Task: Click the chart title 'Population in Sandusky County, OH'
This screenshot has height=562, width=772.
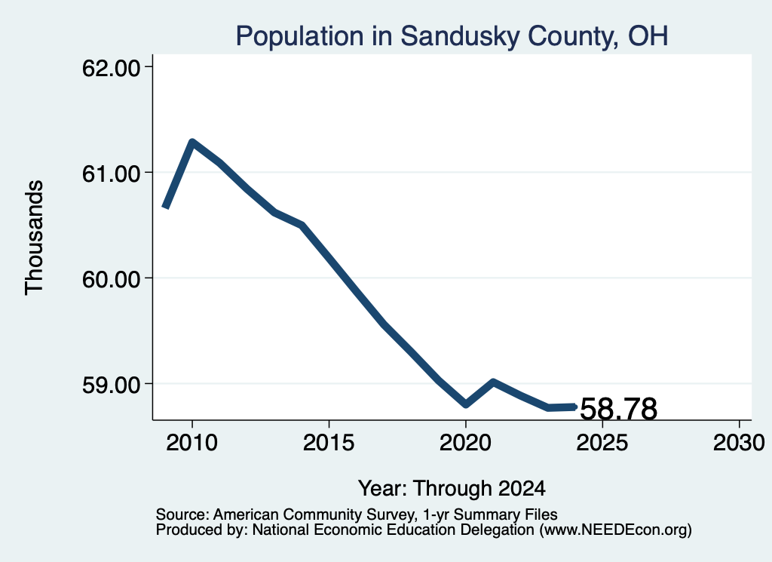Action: click(x=452, y=36)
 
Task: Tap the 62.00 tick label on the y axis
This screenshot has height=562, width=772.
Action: click(x=112, y=69)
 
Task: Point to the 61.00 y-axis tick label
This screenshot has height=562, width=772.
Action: click(x=112, y=174)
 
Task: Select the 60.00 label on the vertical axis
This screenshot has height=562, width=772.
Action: click(x=112, y=279)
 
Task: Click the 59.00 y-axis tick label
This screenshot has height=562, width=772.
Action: click(x=112, y=385)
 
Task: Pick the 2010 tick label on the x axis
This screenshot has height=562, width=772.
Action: click(x=192, y=443)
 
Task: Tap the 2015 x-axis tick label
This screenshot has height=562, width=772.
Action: click(x=329, y=443)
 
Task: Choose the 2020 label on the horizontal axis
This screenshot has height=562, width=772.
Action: click(x=465, y=443)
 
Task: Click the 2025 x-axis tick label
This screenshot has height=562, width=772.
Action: click(x=602, y=443)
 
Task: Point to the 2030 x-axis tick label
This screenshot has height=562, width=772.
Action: click(x=739, y=443)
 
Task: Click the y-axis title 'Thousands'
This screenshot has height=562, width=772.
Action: click(x=35, y=238)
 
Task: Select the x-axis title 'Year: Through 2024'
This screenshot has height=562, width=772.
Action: click(x=452, y=489)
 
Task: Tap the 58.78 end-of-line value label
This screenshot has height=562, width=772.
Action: click(x=619, y=409)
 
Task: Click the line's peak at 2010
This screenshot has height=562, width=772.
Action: click(x=192, y=143)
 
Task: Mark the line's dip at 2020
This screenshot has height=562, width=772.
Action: click(x=465, y=404)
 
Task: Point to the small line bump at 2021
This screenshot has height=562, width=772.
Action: click(x=493, y=382)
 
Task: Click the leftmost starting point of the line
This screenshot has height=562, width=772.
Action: click(x=166, y=207)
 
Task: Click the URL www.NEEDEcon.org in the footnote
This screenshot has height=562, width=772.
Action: click(x=615, y=530)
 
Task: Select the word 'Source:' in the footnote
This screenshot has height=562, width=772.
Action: click(x=182, y=514)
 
